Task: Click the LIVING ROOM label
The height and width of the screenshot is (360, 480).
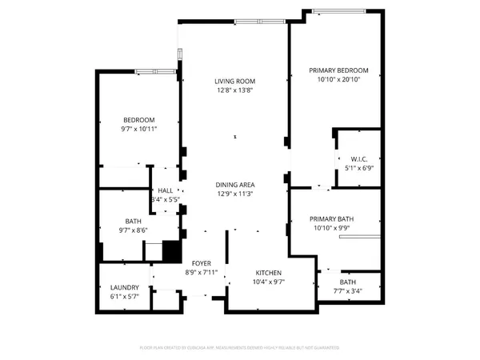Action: [234, 81]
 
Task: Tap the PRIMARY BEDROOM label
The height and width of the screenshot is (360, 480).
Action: [338, 70]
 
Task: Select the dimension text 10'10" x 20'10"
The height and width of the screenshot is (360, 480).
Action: [338, 79]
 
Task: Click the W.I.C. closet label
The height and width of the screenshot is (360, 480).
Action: [358, 158]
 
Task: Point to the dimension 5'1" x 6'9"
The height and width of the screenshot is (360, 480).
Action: [358, 168]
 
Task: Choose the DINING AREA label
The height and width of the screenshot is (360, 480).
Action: [234, 185]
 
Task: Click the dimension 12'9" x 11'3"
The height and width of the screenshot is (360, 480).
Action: [234, 194]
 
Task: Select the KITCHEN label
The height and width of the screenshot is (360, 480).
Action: [268, 273]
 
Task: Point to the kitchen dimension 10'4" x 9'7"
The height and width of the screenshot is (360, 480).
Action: [268, 282]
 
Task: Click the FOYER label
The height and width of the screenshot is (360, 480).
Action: [201, 263]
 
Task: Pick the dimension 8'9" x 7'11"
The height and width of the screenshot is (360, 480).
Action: [201, 272]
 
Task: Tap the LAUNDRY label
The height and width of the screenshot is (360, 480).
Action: [124, 288]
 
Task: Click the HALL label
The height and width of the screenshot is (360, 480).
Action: [166, 190]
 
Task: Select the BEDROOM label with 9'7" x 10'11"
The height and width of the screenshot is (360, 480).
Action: [138, 120]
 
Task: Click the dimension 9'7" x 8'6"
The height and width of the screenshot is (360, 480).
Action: [133, 230]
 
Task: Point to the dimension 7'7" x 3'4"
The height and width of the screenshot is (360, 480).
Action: [348, 291]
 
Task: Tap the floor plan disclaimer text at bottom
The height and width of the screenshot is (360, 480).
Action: [239, 348]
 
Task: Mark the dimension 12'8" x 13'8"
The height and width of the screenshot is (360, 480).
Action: [234, 90]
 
